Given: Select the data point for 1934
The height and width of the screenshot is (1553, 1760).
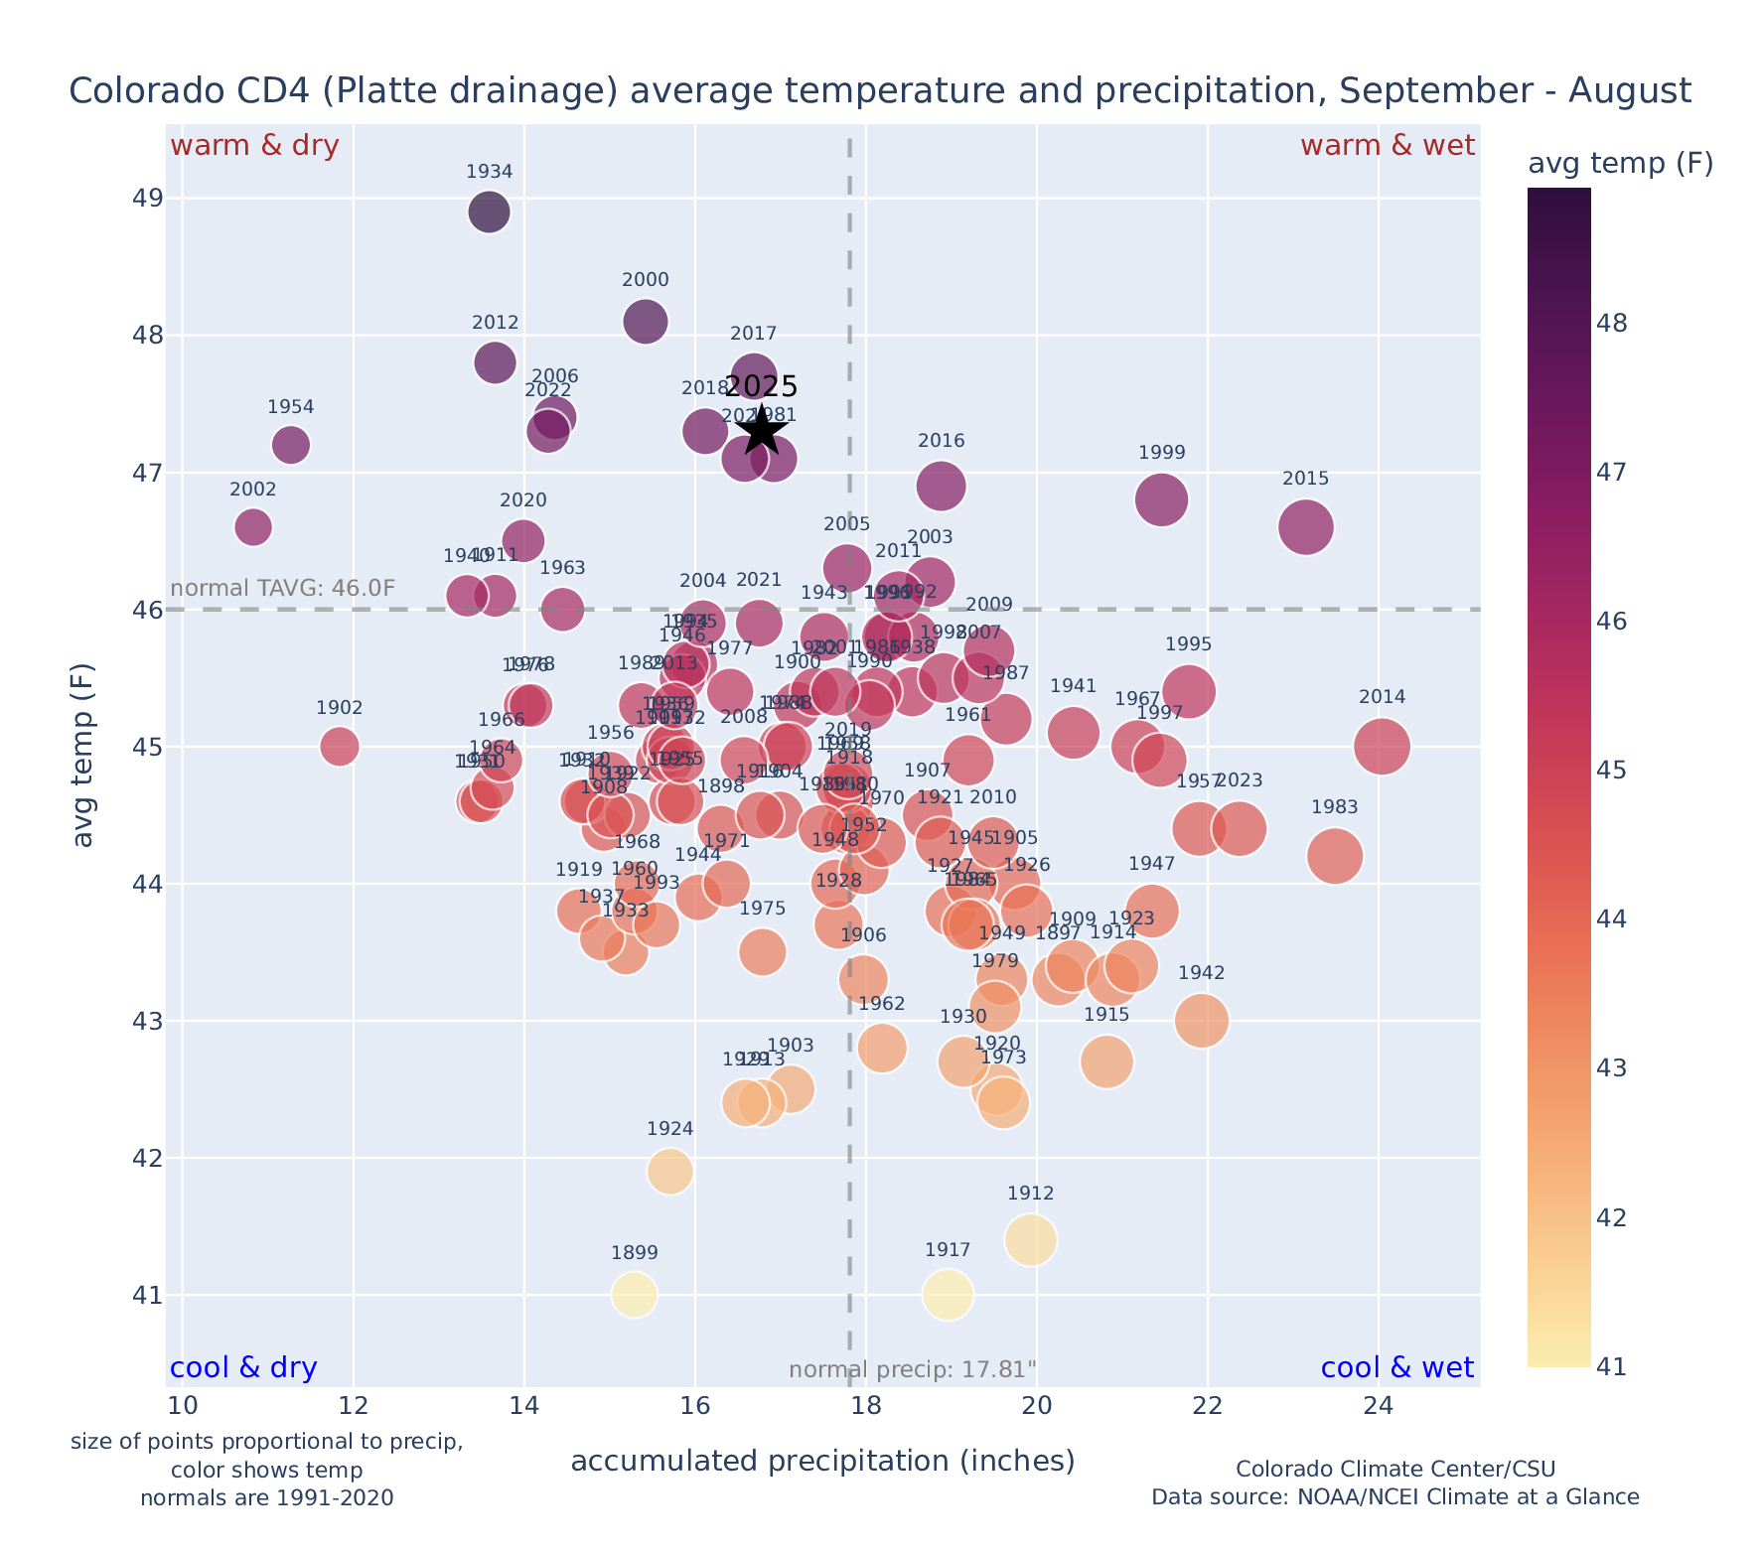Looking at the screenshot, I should tap(489, 212).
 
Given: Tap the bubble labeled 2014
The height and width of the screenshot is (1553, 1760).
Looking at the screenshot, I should tap(1381, 746).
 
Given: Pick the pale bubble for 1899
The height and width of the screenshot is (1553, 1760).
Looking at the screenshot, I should tap(635, 1295).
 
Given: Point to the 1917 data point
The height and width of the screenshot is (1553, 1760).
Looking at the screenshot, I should tap(948, 1295).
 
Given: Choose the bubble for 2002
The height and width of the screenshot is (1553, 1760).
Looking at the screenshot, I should tap(253, 526).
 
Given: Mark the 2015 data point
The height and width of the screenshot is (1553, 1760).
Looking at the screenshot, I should tap(1306, 526).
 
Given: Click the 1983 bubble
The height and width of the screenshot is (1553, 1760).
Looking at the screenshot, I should tap(1335, 856).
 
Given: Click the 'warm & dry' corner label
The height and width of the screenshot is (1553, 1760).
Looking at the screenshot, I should tap(255, 146).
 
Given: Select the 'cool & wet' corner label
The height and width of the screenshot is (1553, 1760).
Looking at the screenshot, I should tap(1396, 1368).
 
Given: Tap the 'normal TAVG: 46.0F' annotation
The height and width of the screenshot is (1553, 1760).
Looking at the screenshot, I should tap(283, 588).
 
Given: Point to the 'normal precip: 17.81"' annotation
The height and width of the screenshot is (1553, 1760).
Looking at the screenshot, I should tap(912, 1370).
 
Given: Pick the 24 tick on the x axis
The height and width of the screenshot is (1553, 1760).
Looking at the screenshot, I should tap(1378, 1407).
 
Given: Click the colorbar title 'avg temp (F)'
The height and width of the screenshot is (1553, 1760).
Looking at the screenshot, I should tap(1620, 164).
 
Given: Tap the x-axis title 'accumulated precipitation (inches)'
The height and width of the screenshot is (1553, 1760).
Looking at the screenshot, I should tap(822, 1461).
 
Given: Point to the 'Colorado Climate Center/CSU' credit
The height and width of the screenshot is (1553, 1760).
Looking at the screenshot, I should tap(1394, 1469).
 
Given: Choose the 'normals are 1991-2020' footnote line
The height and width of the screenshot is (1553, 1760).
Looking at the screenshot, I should tap(266, 1497).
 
